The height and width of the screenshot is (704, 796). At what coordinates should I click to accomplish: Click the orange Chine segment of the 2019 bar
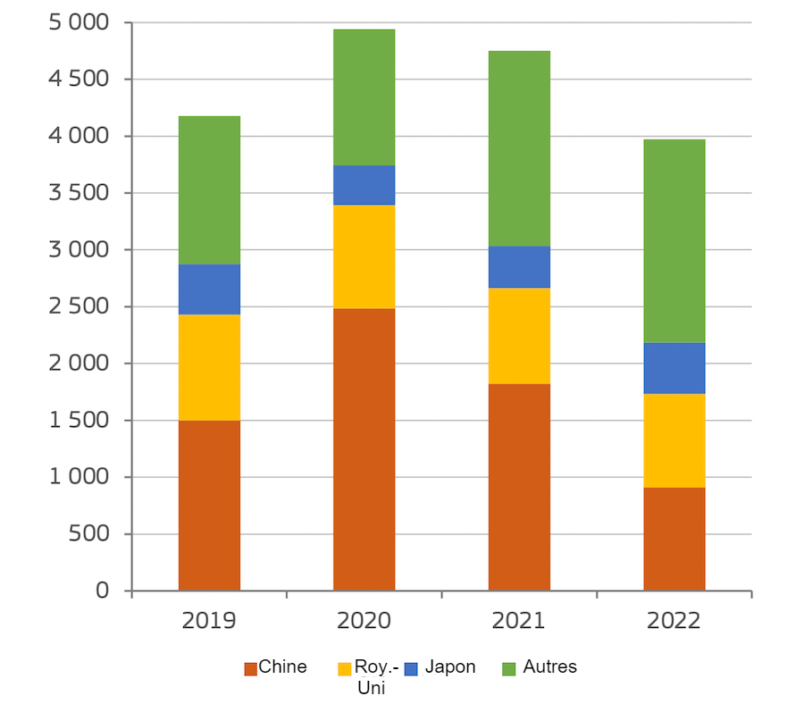click(x=209, y=505)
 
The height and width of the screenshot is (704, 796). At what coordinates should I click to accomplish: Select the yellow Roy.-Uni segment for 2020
click(x=364, y=256)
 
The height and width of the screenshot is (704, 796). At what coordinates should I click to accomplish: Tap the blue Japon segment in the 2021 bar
click(x=519, y=266)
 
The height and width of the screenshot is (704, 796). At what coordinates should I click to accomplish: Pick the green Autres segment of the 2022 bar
click(x=675, y=240)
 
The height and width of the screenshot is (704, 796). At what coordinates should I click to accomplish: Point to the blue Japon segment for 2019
click(x=209, y=289)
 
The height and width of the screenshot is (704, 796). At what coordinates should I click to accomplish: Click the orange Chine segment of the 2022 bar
click(x=675, y=539)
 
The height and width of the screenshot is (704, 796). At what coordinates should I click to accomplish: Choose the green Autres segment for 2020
click(x=364, y=97)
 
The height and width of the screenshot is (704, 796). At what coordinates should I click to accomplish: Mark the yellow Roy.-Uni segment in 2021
click(x=519, y=335)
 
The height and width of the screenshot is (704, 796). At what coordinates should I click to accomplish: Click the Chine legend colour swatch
click(x=250, y=668)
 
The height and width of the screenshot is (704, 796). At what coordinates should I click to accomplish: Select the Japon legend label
click(x=450, y=666)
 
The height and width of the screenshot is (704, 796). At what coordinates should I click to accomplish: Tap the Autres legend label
click(x=549, y=666)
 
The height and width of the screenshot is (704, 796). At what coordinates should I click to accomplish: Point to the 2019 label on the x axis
click(x=209, y=620)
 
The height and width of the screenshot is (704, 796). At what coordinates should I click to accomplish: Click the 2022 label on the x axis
click(x=675, y=620)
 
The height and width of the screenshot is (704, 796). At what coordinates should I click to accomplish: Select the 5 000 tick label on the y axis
click(x=76, y=22)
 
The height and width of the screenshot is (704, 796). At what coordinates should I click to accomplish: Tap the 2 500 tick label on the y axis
click(x=76, y=306)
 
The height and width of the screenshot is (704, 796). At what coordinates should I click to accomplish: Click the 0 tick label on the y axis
click(x=101, y=591)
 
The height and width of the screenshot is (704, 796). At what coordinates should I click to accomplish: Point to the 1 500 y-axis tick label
click(x=76, y=420)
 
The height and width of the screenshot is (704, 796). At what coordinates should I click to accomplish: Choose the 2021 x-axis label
click(x=519, y=620)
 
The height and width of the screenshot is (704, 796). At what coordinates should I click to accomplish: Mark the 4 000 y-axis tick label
click(x=76, y=136)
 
